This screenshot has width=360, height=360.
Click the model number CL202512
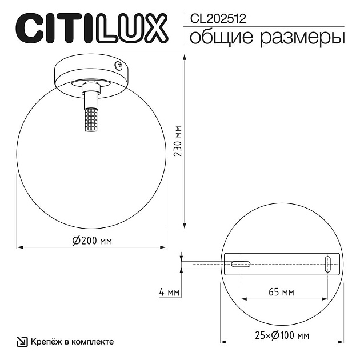[x=214, y=18]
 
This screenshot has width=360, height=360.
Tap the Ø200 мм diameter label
[x=92, y=241]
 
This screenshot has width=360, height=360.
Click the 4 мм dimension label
[x=170, y=293]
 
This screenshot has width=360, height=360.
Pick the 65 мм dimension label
[x=281, y=293]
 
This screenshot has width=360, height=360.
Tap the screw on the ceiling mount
[x=119, y=66]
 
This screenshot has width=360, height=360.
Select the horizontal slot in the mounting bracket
[x=241, y=263]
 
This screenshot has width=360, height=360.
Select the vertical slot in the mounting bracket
[x=327, y=263]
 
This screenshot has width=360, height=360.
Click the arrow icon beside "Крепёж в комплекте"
[x=22, y=342]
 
